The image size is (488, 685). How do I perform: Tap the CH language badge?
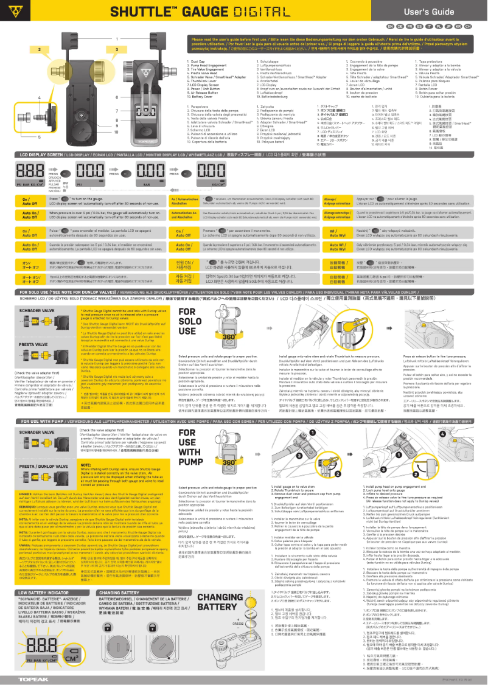[467, 27]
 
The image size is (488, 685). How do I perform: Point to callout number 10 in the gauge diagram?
[116, 130]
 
